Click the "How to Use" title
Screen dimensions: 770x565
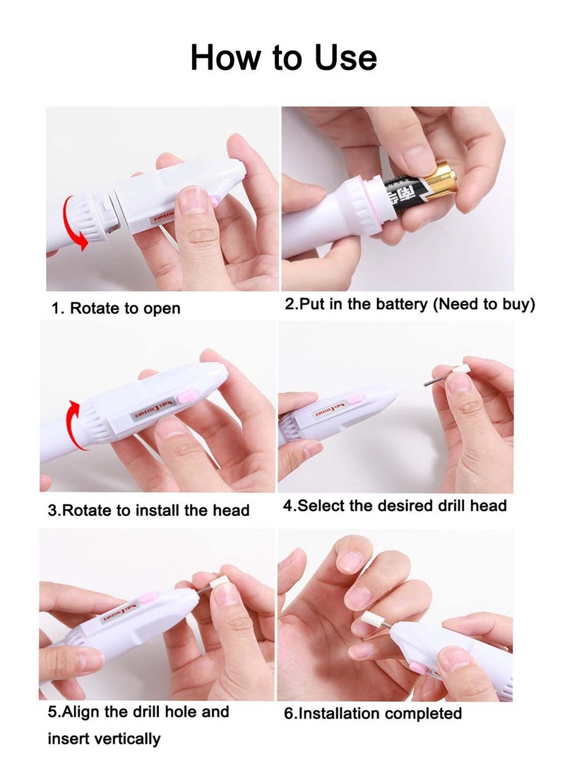[x=283, y=57]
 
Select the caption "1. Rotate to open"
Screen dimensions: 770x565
[x=116, y=308]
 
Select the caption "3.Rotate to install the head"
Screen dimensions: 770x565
[x=148, y=510]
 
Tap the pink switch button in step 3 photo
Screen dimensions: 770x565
[x=186, y=397]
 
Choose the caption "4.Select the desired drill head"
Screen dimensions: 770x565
[x=395, y=505]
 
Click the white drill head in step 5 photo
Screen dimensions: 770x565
[x=220, y=583]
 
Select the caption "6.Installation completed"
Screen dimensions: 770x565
[x=372, y=713]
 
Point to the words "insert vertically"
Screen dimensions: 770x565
[x=104, y=739]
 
